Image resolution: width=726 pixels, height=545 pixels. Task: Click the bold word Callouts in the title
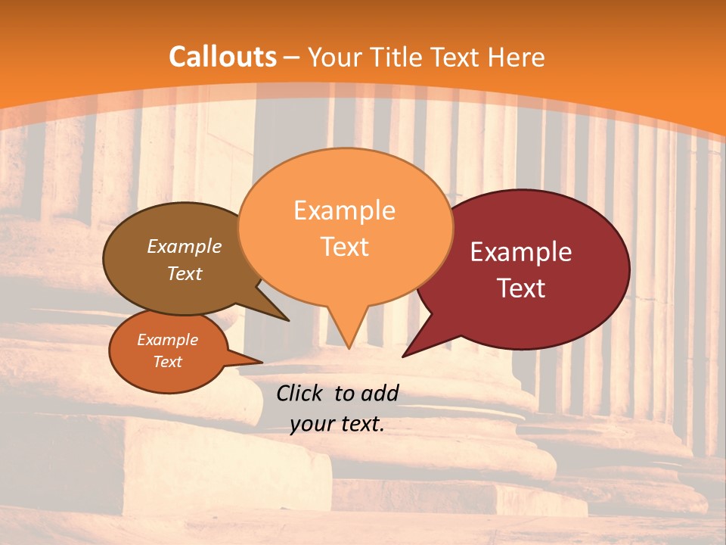[x=222, y=57]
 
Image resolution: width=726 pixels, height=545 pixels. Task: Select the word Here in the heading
[x=516, y=57]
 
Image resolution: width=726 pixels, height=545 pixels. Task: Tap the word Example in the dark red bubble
[x=521, y=252]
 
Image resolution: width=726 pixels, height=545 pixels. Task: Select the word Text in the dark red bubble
[x=521, y=288]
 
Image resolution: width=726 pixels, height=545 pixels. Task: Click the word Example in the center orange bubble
[x=345, y=210]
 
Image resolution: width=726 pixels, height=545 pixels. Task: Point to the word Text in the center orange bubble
[x=345, y=247]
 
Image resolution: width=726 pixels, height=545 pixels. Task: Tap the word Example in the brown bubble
[x=185, y=247]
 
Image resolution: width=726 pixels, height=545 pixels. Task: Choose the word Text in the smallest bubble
[x=168, y=362]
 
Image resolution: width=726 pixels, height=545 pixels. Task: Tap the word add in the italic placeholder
[x=380, y=393]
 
